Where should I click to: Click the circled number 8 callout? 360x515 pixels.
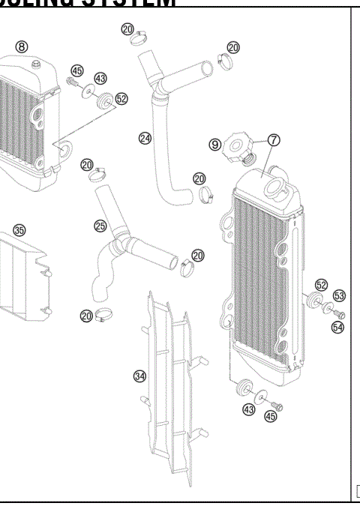pos(21,46)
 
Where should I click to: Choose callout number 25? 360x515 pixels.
pos(100,225)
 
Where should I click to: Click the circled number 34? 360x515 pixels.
pos(139,376)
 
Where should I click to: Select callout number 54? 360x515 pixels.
pos(337,327)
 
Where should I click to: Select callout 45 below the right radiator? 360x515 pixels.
pos(270,416)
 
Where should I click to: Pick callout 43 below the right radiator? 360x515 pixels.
pos(248,409)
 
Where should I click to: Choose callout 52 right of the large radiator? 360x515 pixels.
pos(321,285)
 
